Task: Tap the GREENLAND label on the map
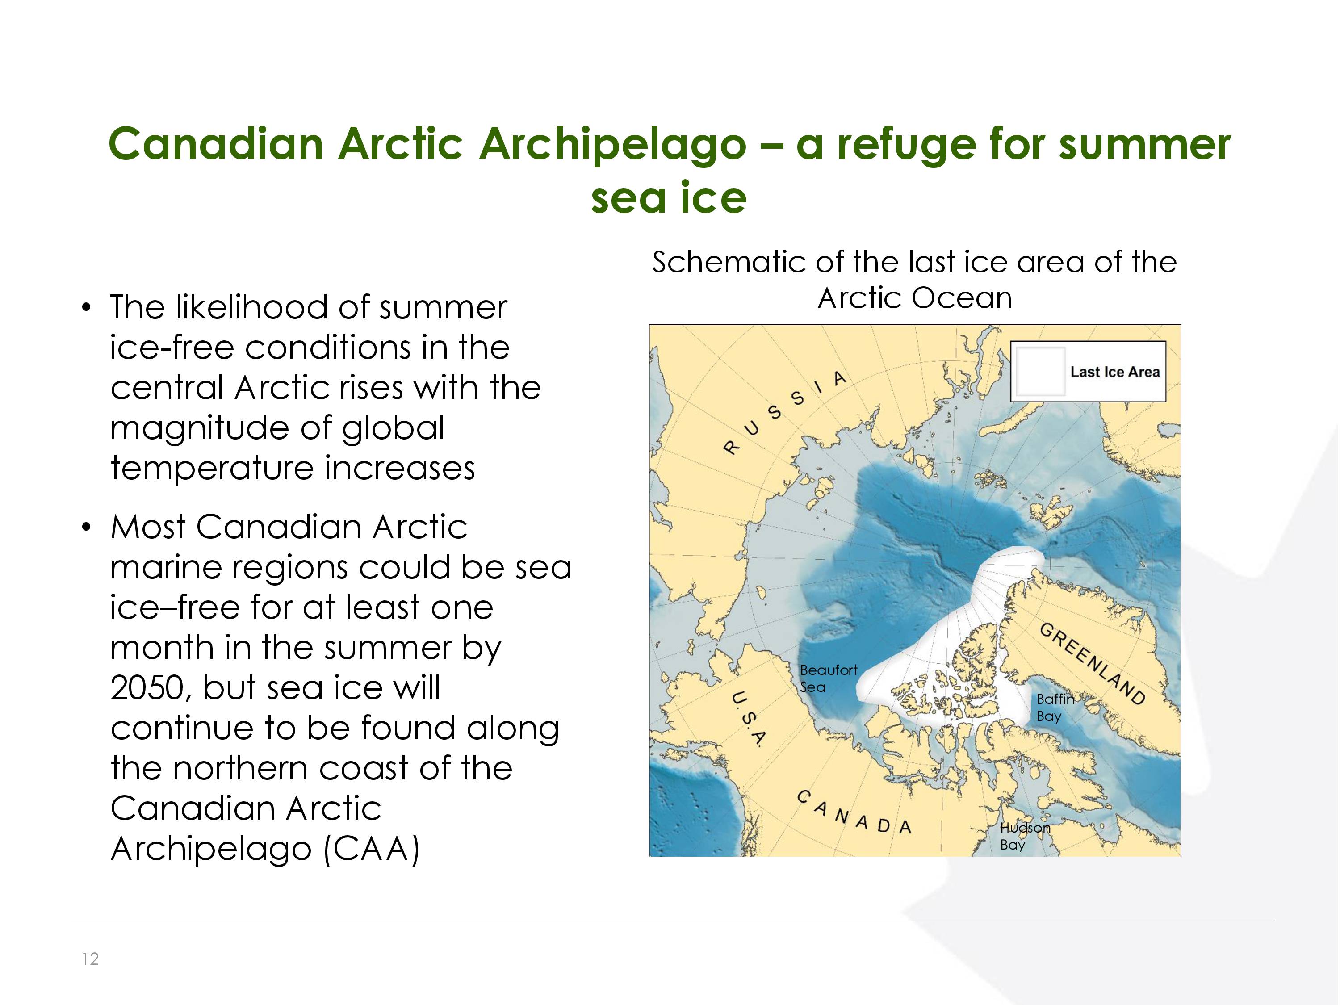(x=1092, y=664)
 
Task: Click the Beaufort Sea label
(x=828, y=678)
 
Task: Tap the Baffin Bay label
(x=1055, y=708)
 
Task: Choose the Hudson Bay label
(x=1024, y=836)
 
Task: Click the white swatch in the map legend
(x=1040, y=371)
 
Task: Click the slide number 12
(x=90, y=959)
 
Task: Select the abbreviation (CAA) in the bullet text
(x=371, y=849)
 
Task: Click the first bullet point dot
(x=87, y=308)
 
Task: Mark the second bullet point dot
(x=87, y=528)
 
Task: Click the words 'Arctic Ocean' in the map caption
(x=915, y=298)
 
